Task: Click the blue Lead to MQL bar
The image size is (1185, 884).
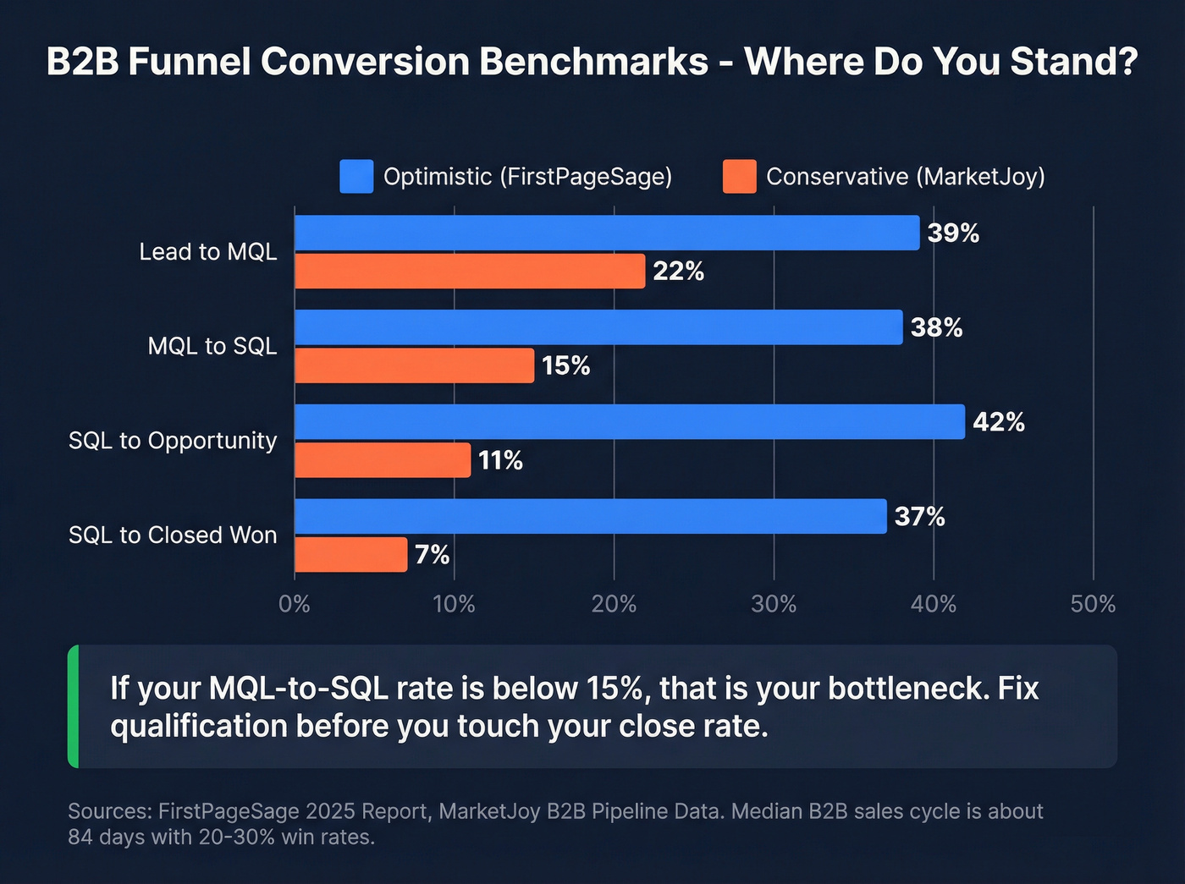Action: [x=606, y=233]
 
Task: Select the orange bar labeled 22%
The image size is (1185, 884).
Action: [x=470, y=272]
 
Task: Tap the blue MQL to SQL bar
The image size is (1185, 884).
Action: [x=598, y=327]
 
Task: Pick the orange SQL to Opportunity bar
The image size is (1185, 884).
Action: [x=383, y=460]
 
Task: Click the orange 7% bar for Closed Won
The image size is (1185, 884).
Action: [x=350, y=555]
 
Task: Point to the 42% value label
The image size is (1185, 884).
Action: [x=999, y=422]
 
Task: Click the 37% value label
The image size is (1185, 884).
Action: [x=919, y=517]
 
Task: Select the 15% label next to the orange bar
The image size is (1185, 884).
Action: [x=565, y=365]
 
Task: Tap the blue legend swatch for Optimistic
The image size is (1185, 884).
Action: [x=356, y=177]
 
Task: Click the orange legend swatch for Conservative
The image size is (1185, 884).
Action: [x=739, y=177]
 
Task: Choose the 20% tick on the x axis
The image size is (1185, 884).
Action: [x=614, y=604]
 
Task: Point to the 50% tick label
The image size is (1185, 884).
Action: [x=1093, y=604]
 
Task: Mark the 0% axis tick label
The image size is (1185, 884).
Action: [x=295, y=604]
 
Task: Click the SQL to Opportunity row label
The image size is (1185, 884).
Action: [x=173, y=441]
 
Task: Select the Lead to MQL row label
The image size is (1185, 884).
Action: [x=208, y=252]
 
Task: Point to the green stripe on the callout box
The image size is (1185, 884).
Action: [x=74, y=706]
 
